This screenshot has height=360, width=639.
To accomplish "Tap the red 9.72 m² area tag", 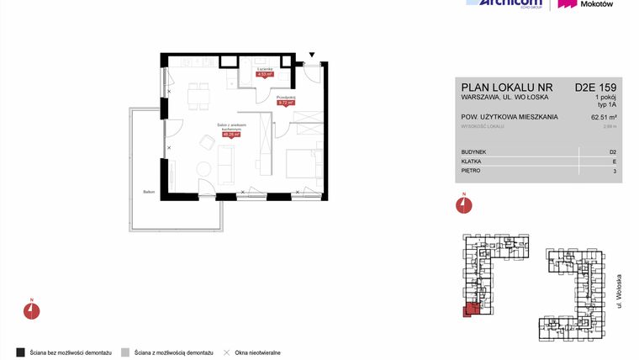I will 287,103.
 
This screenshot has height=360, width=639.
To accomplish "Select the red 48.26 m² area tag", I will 231,133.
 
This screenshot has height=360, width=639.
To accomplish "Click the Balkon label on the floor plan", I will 149,190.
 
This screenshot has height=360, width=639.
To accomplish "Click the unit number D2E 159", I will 596,87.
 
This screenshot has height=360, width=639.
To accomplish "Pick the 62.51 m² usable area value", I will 605,118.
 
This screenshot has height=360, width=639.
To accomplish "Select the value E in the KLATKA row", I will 615,161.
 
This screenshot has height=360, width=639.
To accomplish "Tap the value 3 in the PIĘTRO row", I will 615,172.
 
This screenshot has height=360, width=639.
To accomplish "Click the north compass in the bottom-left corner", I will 31,310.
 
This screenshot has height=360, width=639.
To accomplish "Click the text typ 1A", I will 607,105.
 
